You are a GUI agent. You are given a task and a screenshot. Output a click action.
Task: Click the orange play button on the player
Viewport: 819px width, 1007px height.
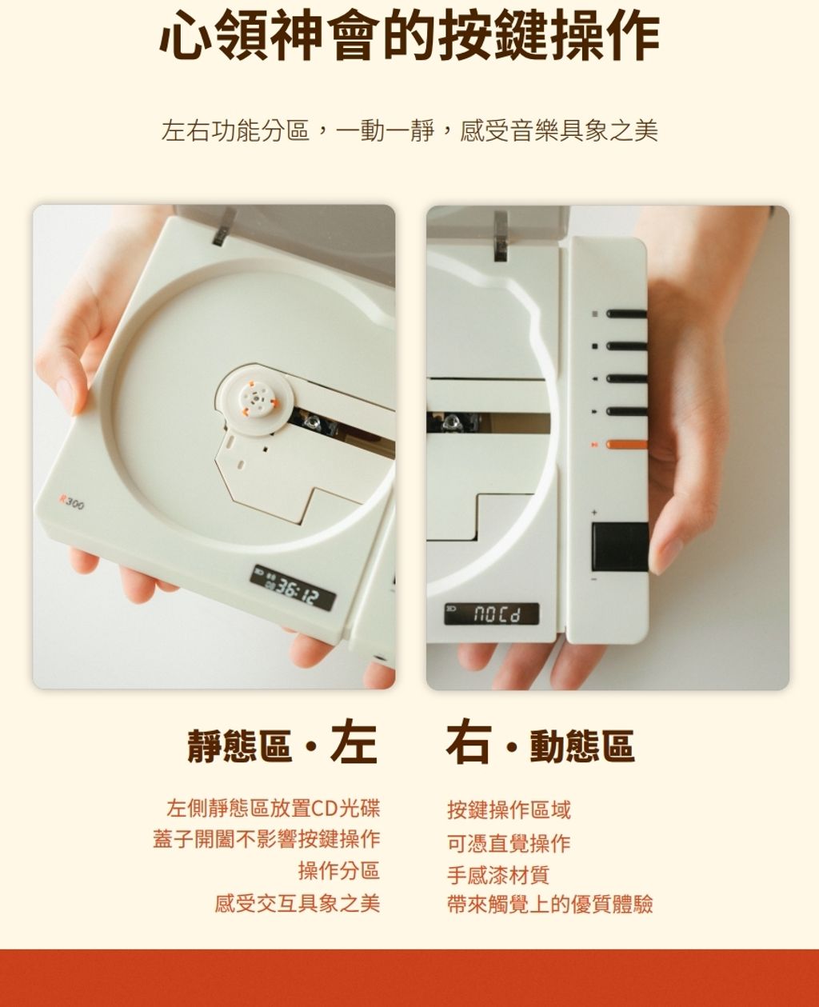tap(627, 445)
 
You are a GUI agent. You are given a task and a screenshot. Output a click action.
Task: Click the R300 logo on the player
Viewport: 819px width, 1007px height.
tap(71, 502)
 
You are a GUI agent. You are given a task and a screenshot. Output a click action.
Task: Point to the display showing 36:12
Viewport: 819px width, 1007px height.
tap(293, 588)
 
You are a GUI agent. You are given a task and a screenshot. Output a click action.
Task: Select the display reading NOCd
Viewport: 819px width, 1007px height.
tap(492, 613)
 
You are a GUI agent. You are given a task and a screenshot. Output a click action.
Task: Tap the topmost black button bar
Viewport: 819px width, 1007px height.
tap(627, 314)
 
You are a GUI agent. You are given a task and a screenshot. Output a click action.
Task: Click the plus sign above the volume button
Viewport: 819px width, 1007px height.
tap(594, 513)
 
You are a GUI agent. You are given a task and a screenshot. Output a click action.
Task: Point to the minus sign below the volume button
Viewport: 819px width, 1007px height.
tap(594, 579)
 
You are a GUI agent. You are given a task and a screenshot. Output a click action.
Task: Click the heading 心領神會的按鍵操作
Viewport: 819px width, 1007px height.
tap(409, 35)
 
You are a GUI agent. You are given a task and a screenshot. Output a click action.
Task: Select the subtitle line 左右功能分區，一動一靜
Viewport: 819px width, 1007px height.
tap(298, 131)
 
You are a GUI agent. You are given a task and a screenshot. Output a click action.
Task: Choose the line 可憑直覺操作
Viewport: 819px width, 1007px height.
tap(509, 843)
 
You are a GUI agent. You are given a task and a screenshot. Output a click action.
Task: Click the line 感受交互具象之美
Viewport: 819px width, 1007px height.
tap(298, 904)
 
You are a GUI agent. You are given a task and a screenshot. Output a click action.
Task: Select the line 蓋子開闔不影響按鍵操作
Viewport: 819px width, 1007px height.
tap(266, 839)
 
